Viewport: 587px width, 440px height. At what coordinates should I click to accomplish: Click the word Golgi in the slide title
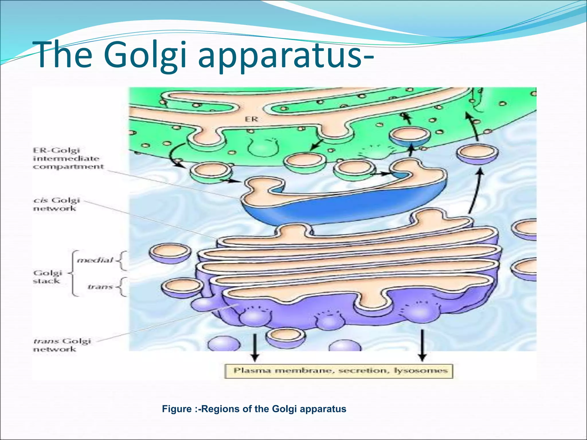145,55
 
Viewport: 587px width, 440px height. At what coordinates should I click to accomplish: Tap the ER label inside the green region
251,119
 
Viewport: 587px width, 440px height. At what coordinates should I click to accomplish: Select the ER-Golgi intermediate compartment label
68,158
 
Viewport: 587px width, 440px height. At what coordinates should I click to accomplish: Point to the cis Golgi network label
56,204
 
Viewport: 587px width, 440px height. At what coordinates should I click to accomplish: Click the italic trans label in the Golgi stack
100,287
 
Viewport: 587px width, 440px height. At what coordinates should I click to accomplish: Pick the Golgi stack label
47,277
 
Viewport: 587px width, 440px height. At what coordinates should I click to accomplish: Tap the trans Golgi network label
62,345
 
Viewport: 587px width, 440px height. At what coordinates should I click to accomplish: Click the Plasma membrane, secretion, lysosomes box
338,371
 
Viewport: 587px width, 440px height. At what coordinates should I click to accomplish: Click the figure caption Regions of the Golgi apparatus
254,409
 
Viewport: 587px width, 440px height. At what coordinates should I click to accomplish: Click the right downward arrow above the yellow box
422,345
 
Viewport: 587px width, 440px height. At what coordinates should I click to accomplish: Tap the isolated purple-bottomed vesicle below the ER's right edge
477,155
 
